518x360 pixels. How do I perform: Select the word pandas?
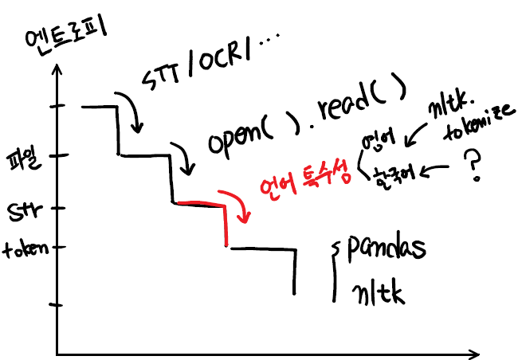point(386,246)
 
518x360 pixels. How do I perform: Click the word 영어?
point(379,143)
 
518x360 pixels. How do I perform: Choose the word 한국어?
point(391,174)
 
